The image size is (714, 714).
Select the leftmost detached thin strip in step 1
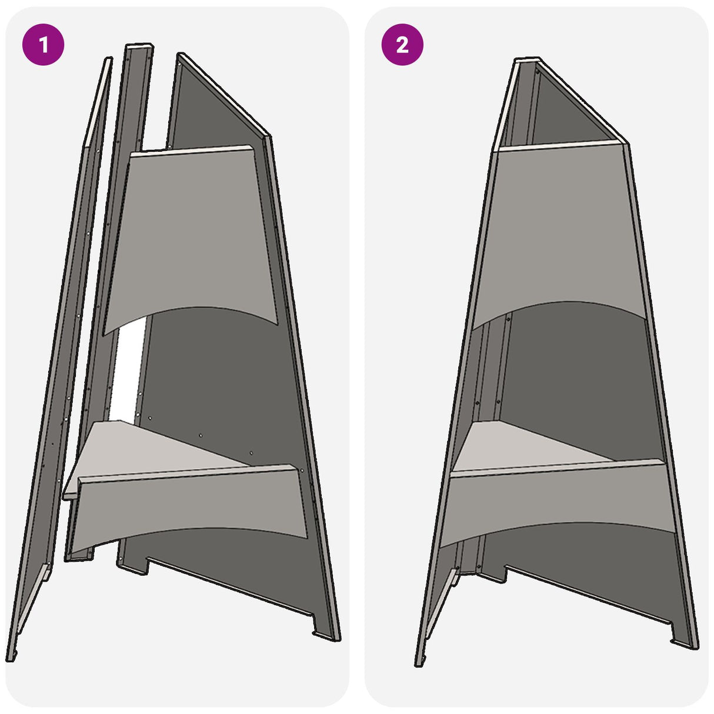point(59,353)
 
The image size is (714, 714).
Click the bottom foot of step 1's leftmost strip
point(13,653)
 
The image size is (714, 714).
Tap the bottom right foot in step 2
point(685,641)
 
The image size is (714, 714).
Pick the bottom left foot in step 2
point(419,659)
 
